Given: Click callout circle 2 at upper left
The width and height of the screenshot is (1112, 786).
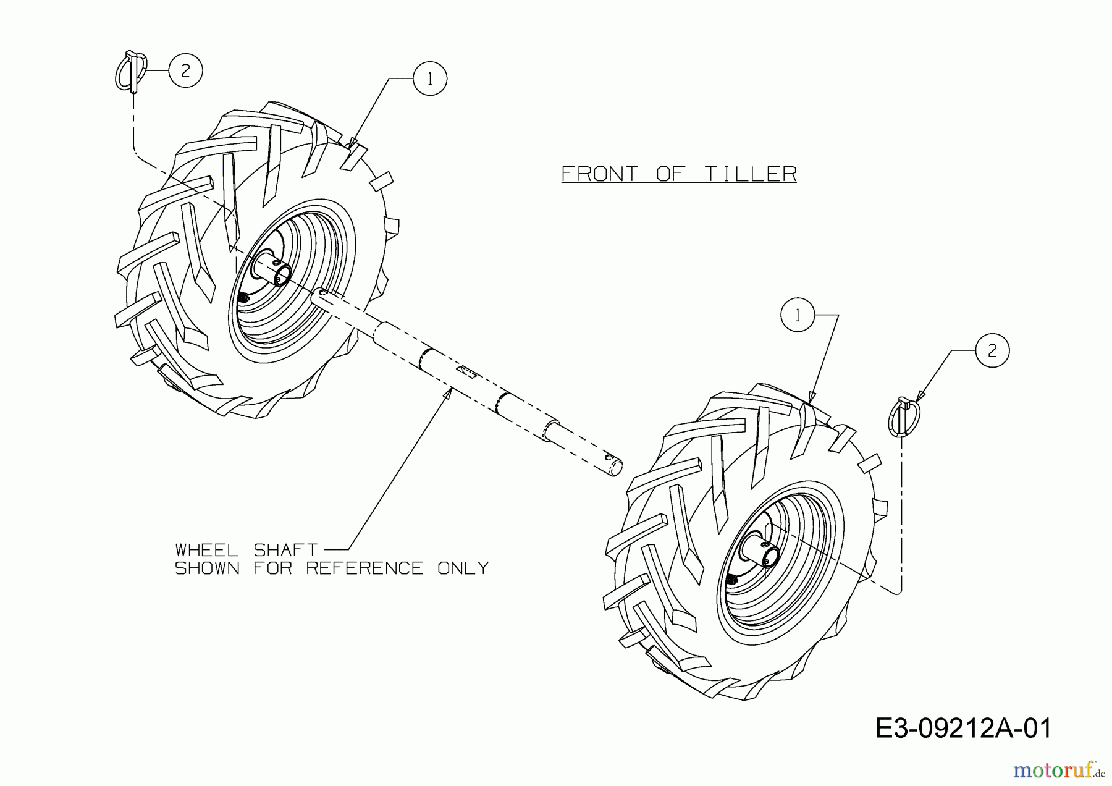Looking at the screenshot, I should pos(185,70).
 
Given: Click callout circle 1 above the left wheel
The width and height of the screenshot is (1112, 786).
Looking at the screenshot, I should pos(430,78).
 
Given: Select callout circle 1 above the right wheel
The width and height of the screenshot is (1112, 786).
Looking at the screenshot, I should pos(798,315).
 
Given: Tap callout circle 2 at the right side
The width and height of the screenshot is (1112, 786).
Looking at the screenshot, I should pos(992,351).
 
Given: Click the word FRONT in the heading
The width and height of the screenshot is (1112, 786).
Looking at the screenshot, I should pos(599,174).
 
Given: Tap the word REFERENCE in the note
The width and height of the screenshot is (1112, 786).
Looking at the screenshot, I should pos(364,568).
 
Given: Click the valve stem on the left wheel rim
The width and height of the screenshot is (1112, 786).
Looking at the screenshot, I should pos(243,297).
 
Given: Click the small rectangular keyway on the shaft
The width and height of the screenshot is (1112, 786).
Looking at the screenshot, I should pos(466,371).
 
